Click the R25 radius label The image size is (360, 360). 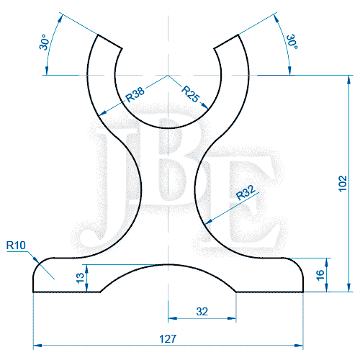(x=191, y=93)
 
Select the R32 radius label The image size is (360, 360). (x=247, y=194)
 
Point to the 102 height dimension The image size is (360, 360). (x=343, y=184)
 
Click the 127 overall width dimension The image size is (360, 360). (x=168, y=338)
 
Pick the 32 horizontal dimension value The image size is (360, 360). (x=202, y=312)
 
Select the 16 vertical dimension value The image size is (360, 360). (x=320, y=274)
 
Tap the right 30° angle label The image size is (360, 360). (x=292, y=42)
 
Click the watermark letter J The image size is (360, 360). (x=115, y=180)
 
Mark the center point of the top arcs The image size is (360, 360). (x=168, y=75)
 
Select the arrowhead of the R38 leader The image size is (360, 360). (x=99, y=115)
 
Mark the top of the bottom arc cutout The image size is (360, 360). (x=168, y=263)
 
